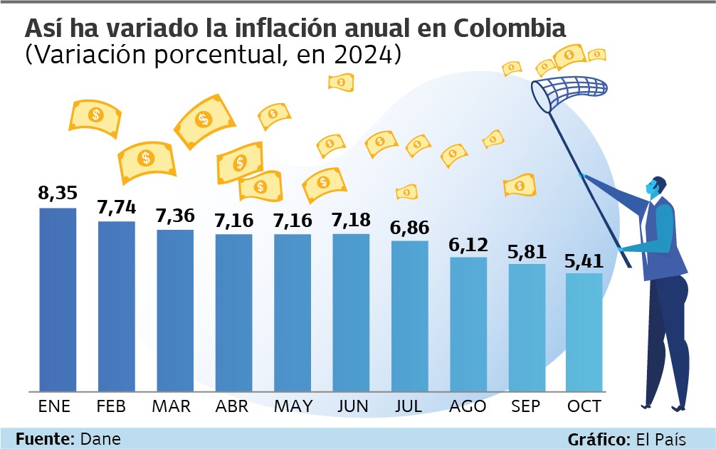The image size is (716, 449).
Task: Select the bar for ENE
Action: (58, 299)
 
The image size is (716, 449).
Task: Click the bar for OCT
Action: (584, 332)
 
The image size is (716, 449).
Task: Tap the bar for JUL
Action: (410, 316)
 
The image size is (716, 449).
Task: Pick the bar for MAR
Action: (175, 310)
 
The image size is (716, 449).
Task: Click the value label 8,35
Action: (58, 194)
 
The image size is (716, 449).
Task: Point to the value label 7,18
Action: (351, 220)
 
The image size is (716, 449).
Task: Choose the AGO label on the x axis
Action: (468, 406)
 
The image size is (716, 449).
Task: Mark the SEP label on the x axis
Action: (526, 406)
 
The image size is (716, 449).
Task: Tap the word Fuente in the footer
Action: (39, 438)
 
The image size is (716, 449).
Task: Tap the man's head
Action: (656, 187)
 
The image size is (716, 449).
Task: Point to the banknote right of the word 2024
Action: (341, 82)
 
